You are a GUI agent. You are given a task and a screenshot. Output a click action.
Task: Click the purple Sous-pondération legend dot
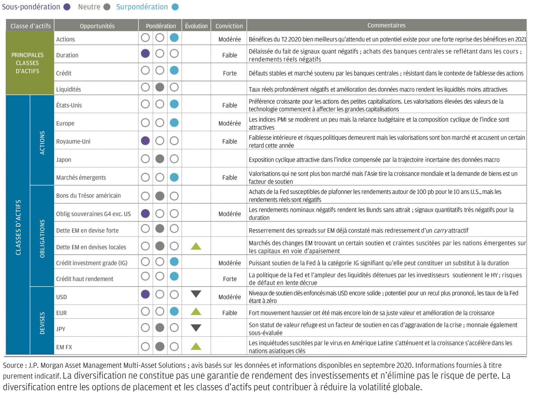click(x=67, y=7)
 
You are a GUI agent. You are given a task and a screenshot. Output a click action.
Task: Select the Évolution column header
click(x=196, y=26)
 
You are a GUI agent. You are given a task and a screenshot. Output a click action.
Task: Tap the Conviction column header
click(x=229, y=26)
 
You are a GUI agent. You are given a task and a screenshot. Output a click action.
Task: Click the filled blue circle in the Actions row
click(x=174, y=38)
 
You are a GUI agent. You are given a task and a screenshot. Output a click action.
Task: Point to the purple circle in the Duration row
click(x=145, y=53)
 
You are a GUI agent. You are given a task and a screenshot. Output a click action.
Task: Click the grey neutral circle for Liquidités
click(x=160, y=88)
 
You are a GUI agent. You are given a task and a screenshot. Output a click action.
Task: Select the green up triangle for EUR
click(x=196, y=312)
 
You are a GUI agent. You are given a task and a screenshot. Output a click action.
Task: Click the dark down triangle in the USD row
click(x=196, y=294)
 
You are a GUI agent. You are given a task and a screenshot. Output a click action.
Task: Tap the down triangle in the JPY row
click(x=196, y=328)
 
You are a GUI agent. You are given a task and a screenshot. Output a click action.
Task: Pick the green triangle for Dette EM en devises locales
click(x=196, y=247)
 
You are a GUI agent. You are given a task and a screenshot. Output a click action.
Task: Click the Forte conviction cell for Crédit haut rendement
click(x=230, y=279)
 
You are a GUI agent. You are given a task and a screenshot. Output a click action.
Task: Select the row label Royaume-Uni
click(x=73, y=141)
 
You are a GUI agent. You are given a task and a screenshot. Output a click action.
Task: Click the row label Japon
click(x=64, y=160)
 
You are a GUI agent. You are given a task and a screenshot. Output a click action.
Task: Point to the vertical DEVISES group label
click(x=42, y=323)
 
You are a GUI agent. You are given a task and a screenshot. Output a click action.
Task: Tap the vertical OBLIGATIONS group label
click(x=42, y=239)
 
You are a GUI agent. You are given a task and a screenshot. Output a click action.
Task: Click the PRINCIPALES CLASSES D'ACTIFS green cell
click(x=27, y=63)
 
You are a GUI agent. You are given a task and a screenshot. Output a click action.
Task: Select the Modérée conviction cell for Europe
click(x=230, y=123)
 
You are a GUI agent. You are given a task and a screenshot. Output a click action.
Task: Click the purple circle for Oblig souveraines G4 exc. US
click(x=145, y=214)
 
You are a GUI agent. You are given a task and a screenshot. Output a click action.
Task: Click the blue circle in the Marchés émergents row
click(x=174, y=177)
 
